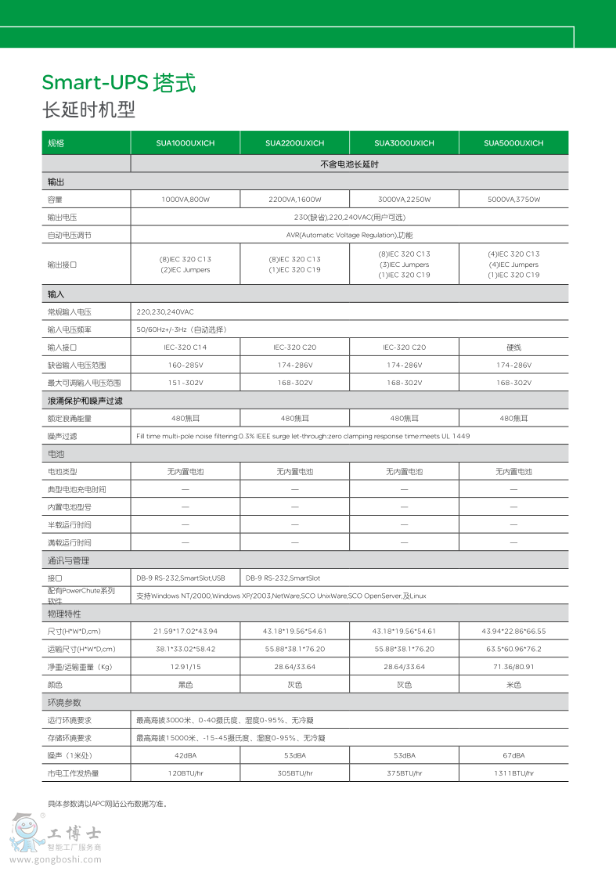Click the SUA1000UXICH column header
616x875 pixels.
point(185,143)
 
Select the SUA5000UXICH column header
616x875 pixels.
point(513,143)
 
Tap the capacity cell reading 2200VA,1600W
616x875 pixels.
point(294,200)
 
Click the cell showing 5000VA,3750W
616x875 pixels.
point(513,200)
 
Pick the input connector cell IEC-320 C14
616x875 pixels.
point(185,347)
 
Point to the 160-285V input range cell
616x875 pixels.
point(185,365)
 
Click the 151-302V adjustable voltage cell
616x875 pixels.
point(185,383)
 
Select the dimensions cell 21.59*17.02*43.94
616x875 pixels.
point(185,631)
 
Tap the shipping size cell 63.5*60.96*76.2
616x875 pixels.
point(513,649)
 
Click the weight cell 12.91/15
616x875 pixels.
point(185,667)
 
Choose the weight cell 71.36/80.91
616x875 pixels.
point(513,667)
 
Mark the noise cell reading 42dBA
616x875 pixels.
point(185,755)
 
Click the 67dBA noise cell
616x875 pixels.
point(513,755)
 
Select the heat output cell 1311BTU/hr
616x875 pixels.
point(513,773)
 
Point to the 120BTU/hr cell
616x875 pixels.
point(185,773)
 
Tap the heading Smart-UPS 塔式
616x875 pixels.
point(118,83)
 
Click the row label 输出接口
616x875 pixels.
point(63,265)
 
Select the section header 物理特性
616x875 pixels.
point(64,614)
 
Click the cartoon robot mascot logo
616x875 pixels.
point(25,834)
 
